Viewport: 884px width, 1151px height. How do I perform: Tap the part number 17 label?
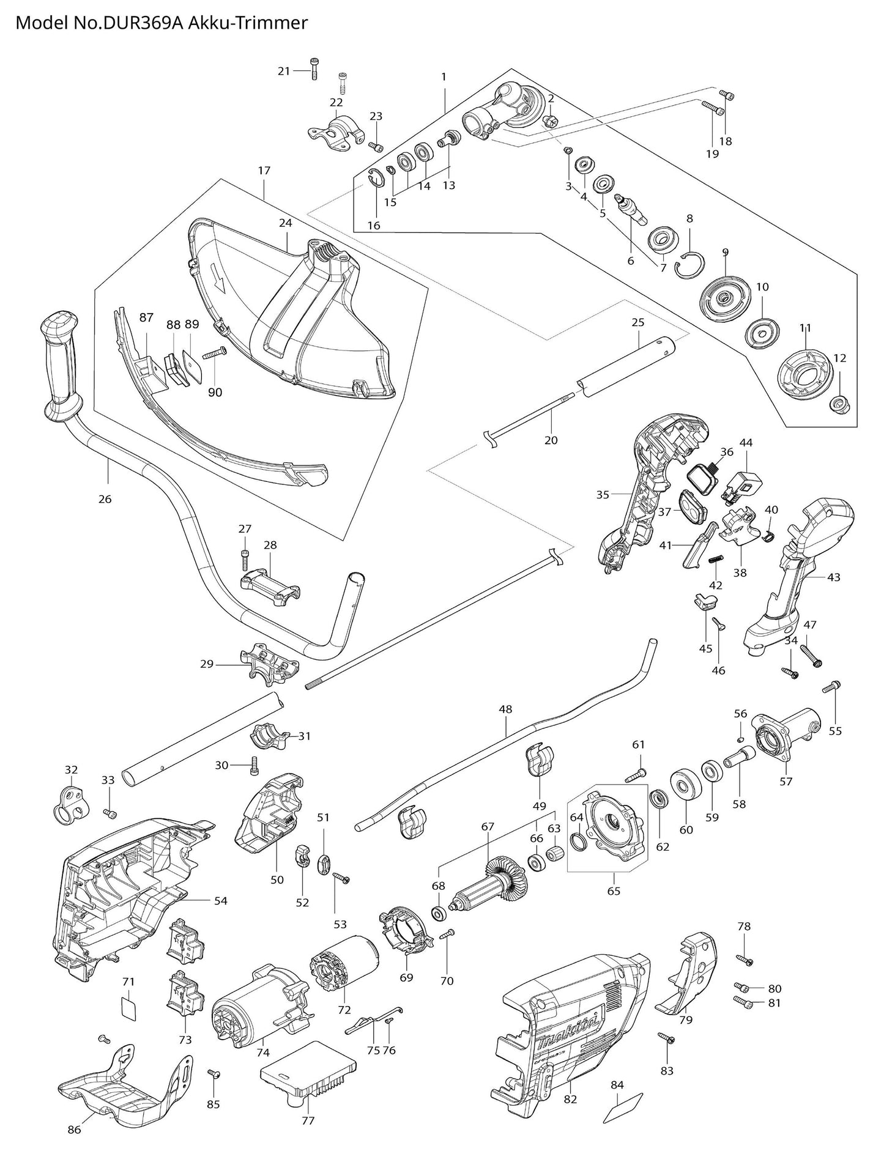click(264, 171)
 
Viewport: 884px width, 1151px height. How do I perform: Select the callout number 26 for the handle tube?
click(105, 499)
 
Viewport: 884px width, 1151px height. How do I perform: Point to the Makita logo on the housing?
click(567, 1037)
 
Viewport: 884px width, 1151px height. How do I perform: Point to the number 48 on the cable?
click(505, 710)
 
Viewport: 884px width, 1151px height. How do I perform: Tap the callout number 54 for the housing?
click(220, 901)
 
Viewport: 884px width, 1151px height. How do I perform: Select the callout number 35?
click(603, 495)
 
